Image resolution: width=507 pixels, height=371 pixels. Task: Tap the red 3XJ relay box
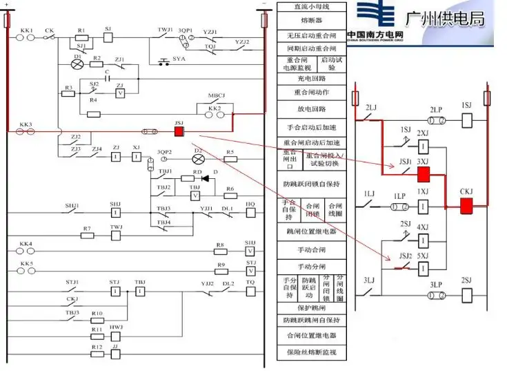424,173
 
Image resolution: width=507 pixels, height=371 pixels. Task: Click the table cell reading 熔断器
312,20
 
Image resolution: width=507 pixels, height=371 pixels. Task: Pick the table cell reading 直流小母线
312,7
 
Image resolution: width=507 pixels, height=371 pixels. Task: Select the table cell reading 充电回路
312,79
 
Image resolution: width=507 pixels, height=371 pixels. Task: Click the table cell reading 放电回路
312,109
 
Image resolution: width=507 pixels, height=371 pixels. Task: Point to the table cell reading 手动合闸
312,250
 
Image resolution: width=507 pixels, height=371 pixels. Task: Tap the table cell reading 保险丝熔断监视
312,352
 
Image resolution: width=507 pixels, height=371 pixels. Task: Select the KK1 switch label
27,31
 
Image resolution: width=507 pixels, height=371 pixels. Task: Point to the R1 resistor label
81,31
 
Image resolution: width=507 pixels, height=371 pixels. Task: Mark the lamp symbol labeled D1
77,64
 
